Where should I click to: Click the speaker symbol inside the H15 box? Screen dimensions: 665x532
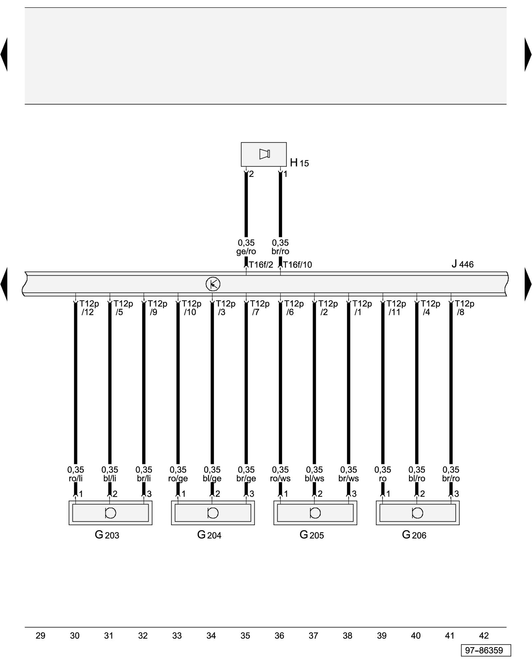[264, 154]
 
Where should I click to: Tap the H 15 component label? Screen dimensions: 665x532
[299, 163]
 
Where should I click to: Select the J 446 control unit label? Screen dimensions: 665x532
[462, 264]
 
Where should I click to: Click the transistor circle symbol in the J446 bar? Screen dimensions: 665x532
[213, 284]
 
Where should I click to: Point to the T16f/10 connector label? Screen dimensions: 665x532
[298, 265]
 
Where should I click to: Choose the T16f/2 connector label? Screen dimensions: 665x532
[261, 265]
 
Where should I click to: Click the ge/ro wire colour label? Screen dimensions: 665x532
[246, 251]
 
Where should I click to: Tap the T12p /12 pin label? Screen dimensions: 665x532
[88, 308]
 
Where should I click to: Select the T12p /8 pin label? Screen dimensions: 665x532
[464, 308]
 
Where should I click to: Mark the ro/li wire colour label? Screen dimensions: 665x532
[75, 478]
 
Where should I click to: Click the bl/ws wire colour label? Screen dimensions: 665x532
[314, 478]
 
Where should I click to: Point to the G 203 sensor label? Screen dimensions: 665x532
[107, 535]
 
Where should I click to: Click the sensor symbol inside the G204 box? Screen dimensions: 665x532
[213, 513]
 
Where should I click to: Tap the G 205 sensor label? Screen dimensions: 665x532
[312, 535]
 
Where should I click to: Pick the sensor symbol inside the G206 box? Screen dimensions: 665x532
[418, 513]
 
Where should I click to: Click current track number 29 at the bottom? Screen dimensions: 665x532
[41, 636]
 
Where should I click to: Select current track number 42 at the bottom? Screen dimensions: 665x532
[484, 636]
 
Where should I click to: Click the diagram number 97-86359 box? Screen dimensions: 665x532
[486, 650]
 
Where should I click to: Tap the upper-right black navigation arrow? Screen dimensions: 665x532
[528, 54]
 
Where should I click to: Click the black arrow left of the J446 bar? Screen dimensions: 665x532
[4, 284]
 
